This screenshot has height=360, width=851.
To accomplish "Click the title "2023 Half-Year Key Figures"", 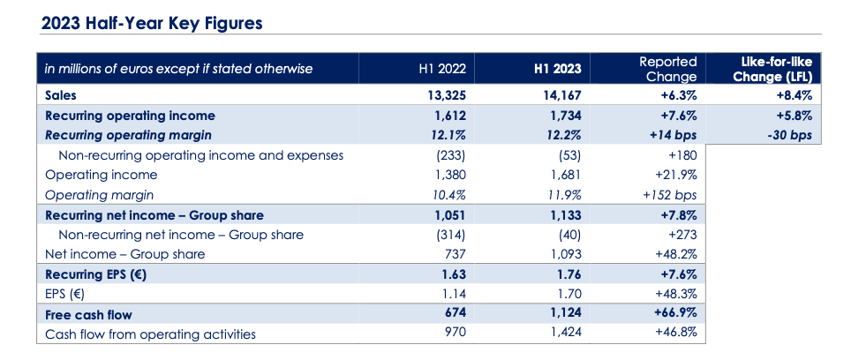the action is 152,24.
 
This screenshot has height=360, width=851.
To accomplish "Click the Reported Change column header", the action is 668,69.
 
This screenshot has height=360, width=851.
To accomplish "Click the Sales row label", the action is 61,95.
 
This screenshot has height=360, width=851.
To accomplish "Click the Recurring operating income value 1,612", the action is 450,116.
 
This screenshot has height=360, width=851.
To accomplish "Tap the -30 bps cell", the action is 790,136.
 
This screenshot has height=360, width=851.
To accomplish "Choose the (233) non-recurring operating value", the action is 451,155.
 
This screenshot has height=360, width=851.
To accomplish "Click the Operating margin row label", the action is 100,195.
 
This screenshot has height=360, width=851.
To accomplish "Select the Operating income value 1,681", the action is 566,175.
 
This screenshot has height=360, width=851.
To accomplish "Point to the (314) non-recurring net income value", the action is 451,235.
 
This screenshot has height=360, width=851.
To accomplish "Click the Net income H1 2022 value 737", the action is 455,254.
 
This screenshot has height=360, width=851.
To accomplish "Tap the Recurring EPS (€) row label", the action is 96,274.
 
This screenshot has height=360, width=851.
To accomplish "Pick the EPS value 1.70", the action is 569,295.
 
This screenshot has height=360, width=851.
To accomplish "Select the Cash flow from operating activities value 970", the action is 455,334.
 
